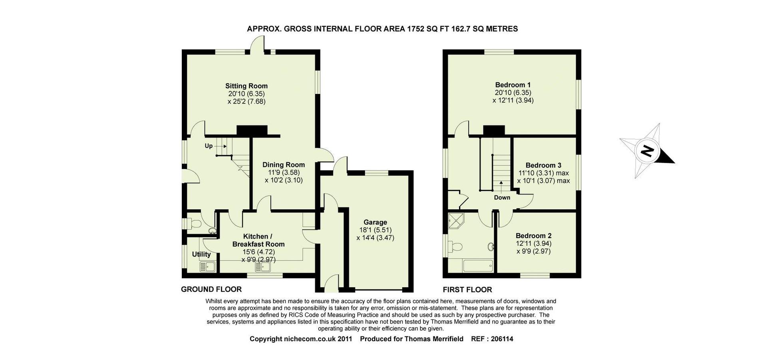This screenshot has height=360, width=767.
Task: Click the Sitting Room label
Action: (x=246, y=86)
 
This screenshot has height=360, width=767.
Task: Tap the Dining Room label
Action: (x=284, y=165)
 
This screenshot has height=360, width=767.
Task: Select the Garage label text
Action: (x=375, y=222)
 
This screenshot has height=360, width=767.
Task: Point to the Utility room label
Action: (x=201, y=254)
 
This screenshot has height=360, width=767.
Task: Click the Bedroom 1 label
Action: (x=513, y=85)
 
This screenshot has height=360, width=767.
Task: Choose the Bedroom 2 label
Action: (x=533, y=236)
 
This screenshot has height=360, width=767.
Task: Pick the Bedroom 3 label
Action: (x=543, y=165)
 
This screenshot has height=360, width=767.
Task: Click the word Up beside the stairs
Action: (x=209, y=146)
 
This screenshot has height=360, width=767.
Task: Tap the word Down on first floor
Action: (x=502, y=197)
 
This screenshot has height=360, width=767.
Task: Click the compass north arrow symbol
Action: (x=647, y=151)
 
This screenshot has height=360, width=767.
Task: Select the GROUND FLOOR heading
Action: (x=211, y=289)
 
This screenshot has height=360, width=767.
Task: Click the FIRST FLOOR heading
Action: (x=467, y=289)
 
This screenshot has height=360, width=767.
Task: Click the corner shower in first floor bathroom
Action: (x=455, y=220)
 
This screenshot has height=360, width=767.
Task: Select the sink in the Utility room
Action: (x=207, y=266)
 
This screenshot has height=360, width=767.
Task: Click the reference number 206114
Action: (x=502, y=339)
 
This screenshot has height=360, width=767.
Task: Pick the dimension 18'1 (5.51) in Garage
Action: (x=375, y=230)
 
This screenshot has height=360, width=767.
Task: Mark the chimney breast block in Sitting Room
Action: (x=252, y=131)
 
